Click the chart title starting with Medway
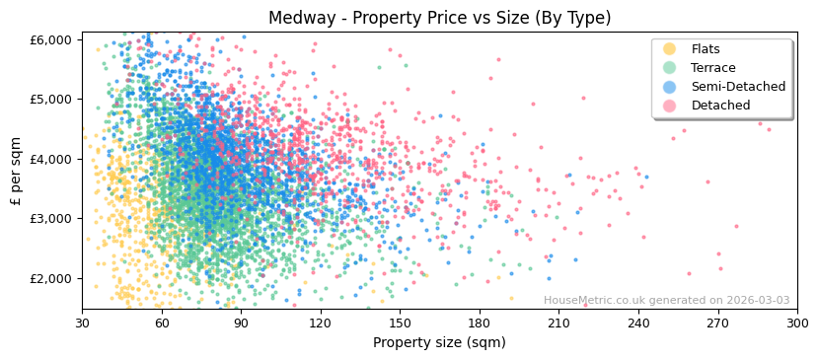439,18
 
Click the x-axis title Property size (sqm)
439,343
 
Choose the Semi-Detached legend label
738,87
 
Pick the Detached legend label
720,106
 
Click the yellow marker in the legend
670,49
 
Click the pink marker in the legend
670,106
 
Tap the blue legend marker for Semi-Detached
670,87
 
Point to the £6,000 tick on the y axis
49,39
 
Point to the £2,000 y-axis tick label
49,278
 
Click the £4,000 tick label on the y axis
49,159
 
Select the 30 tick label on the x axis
82,324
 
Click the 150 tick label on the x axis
400,324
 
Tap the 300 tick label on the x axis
797,324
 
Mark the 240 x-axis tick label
638,324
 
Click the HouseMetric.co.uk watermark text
666,301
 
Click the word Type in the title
585,18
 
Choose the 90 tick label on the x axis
241,324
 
